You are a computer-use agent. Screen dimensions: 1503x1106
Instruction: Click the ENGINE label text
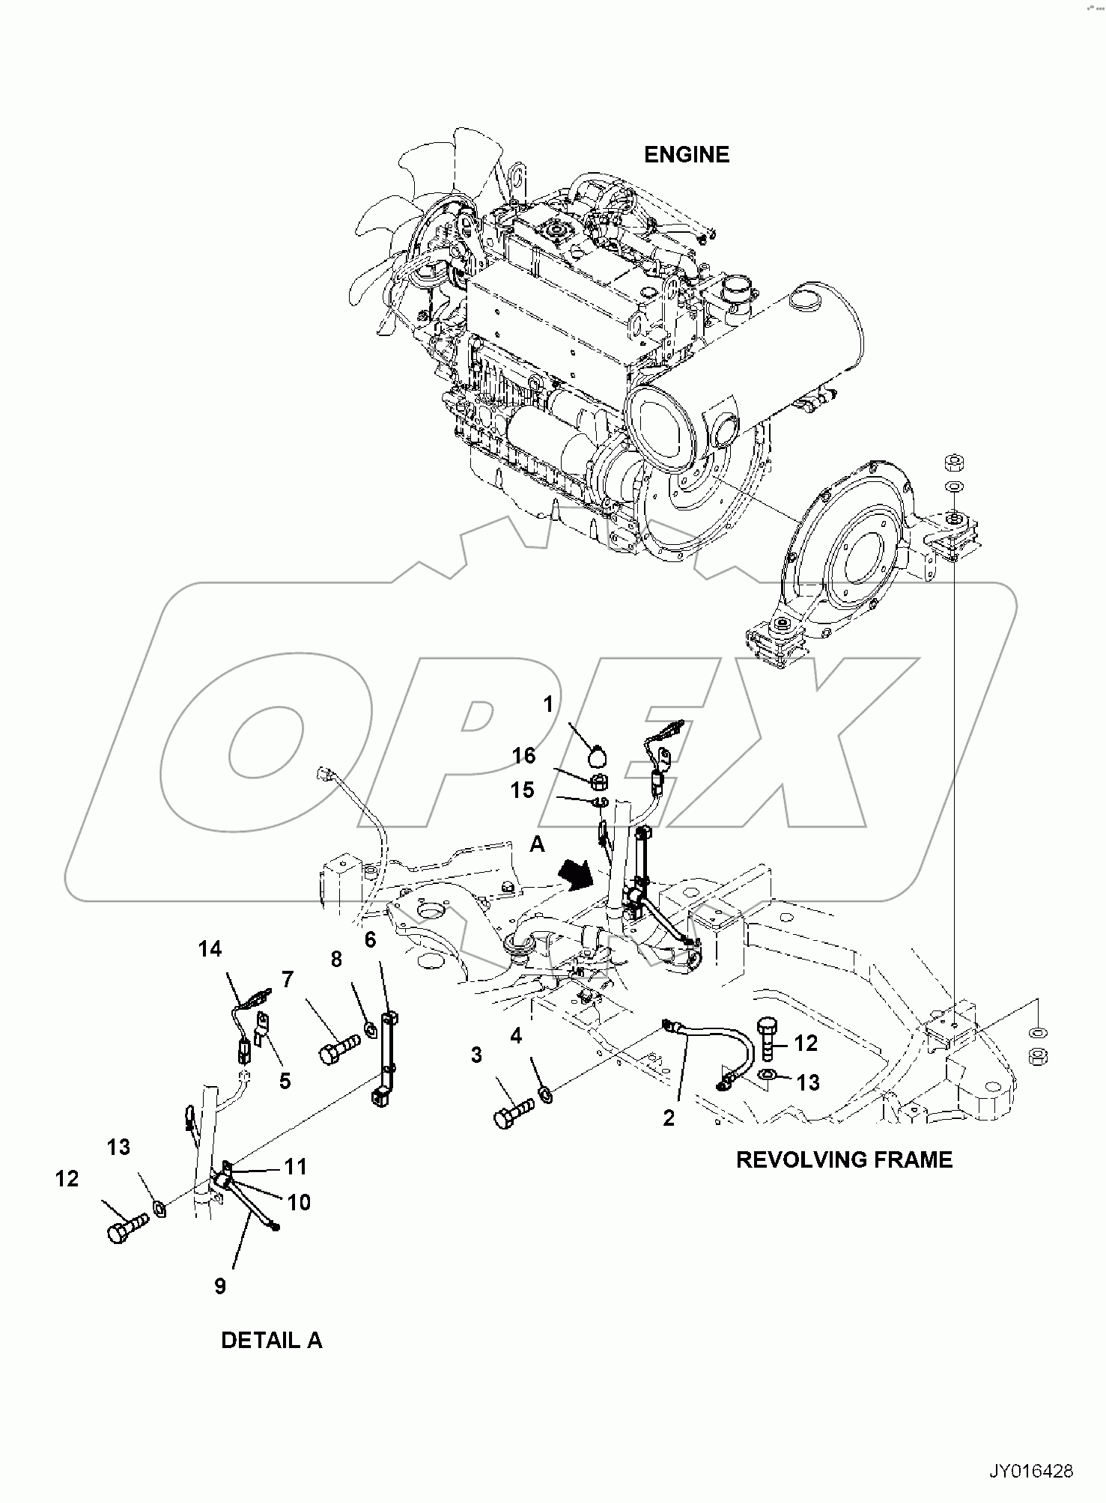tap(686, 155)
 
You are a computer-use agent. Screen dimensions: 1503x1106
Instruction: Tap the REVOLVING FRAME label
tap(844, 1159)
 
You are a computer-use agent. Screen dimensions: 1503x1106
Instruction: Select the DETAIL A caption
tap(271, 1340)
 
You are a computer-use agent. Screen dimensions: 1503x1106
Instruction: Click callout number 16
tap(524, 756)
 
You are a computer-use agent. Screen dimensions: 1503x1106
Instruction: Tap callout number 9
tap(219, 1286)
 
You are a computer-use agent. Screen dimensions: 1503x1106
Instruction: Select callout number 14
tap(210, 949)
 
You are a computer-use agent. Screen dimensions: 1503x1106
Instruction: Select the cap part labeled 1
tap(596, 757)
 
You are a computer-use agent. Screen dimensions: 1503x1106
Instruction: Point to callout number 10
tap(299, 1202)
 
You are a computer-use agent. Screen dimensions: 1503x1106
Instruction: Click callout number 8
tap(336, 959)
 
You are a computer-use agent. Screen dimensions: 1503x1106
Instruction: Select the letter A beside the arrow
tap(537, 844)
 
